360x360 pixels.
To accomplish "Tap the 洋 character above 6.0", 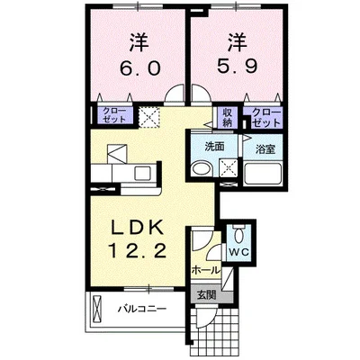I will click(138, 41).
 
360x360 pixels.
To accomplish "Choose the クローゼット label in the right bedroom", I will click(267, 116).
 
